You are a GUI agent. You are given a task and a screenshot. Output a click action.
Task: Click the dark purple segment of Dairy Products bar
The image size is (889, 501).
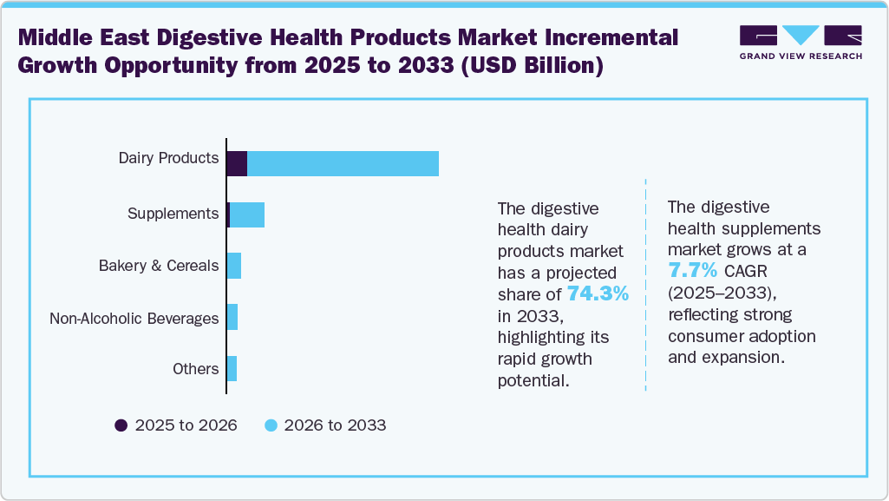[237, 163]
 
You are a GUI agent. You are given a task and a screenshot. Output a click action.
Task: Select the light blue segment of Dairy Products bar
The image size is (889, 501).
[343, 163]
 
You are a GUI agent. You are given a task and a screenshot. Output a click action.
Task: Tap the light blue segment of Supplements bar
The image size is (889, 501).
[247, 214]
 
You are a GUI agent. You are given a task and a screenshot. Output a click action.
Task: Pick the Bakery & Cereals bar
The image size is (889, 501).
[233, 266]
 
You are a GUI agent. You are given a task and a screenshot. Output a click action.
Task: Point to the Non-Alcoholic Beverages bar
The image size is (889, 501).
[232, 318]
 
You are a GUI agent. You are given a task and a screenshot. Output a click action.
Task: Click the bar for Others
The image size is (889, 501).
[232, 369]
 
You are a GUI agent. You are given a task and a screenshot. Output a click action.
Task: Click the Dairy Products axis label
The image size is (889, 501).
[168, 158]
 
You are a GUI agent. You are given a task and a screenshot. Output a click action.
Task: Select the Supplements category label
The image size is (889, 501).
[173, 214]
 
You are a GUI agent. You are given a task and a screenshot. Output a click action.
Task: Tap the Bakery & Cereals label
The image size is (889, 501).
[159, 266]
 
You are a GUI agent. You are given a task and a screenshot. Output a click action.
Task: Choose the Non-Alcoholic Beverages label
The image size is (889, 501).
[134, 319]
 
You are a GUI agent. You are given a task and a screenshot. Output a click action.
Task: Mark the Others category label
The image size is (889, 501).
[195, 369]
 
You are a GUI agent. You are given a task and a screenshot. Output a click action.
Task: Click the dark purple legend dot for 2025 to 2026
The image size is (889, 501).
[121, 425]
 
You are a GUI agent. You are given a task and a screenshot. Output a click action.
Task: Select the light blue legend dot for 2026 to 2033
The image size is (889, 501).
[271, 425]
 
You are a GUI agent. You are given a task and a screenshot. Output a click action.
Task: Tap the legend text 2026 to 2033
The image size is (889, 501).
[335, 425]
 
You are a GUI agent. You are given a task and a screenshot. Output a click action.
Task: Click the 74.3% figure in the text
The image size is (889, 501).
[598, 294]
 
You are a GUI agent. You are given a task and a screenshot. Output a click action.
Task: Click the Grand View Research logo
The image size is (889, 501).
[800, 42]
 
